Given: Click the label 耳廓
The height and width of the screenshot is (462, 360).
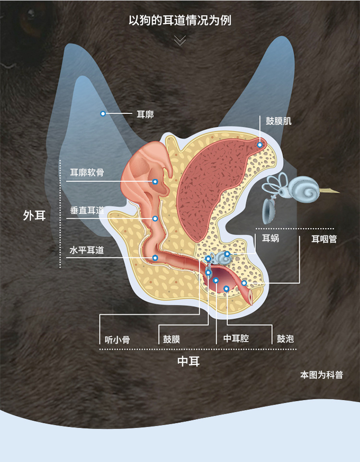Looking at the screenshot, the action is click(145, 114).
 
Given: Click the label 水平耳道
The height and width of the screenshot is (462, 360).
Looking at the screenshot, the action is click(86, 250).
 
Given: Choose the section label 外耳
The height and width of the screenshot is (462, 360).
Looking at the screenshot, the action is click(35, 215).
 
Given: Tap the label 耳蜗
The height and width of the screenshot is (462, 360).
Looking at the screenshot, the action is click(270, 238).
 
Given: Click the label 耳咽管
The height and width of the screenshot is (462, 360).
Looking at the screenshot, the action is click(324, 238).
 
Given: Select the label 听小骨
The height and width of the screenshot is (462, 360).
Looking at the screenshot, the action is click(117, 340).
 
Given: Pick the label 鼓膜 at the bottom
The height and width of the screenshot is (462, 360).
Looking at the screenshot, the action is click(171, 339).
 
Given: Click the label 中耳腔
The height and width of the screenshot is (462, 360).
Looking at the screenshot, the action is click(236, 338).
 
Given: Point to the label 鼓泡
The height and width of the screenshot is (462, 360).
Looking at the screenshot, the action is click(285, 339).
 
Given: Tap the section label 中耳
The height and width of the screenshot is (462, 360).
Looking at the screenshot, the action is click(189, 361).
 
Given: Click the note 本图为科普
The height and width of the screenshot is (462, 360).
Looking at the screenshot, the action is click(322, 375).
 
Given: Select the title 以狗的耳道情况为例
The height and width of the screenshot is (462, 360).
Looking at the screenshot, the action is click(180, 21).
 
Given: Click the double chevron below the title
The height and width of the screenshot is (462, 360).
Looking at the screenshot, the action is click(180, 40).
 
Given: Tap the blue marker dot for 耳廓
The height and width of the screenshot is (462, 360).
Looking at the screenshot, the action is click(103, 114).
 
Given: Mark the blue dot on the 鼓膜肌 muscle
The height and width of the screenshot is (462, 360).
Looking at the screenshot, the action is click(260, 145).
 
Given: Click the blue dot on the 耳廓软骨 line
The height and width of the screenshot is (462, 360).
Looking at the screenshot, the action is click(155, 182).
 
